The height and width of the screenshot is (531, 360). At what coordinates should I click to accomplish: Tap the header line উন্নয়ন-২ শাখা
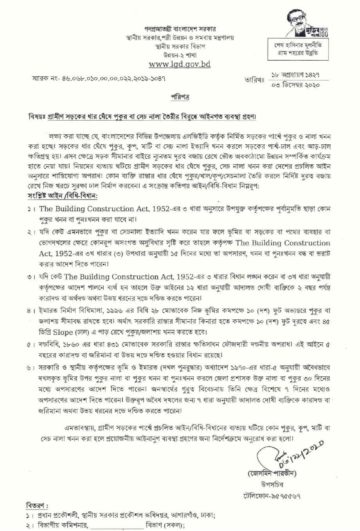[x=180, y=55]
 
